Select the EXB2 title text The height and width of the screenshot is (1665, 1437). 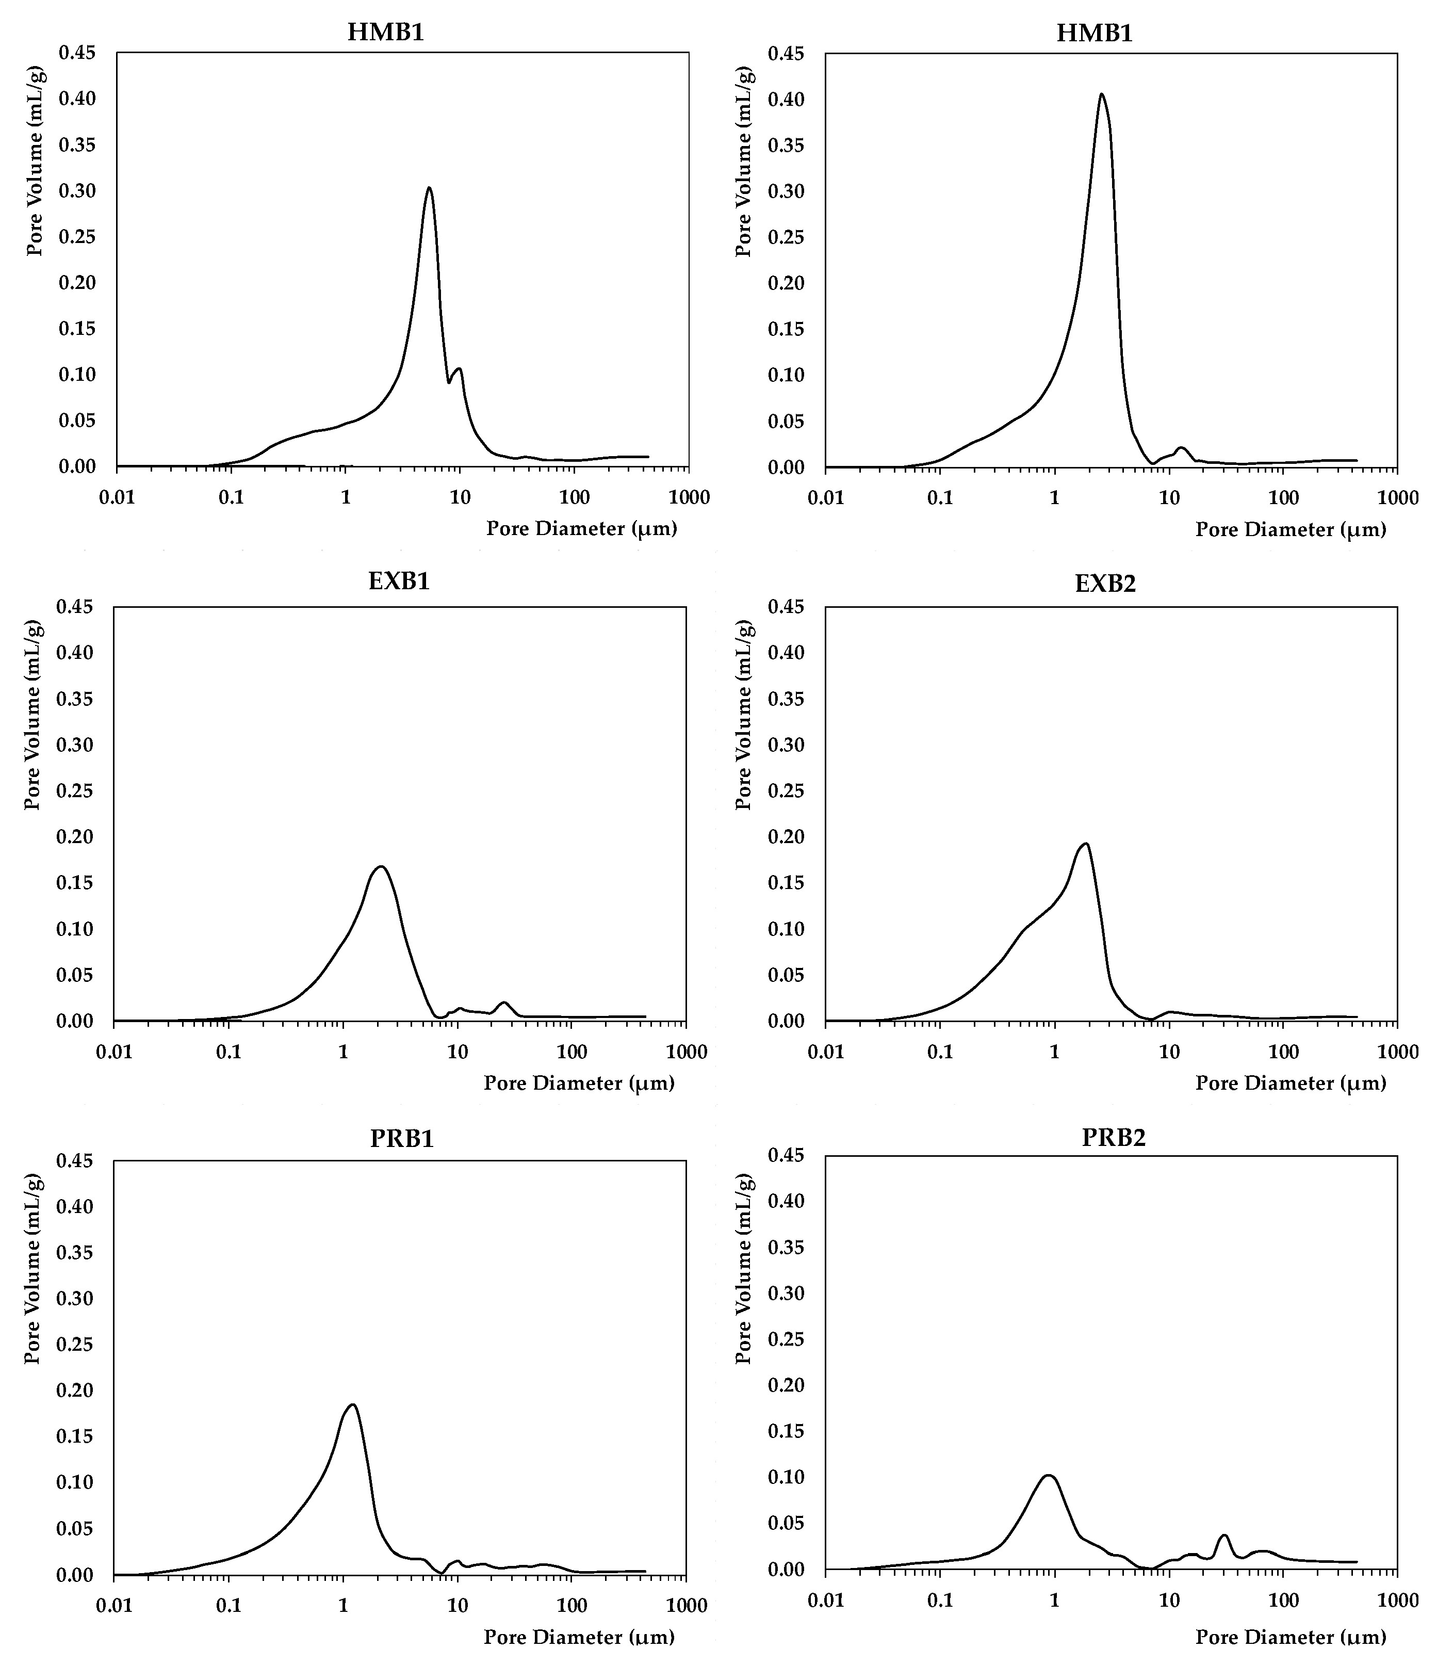coord(1105,584)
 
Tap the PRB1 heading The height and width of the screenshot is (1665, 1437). coord(402,1139)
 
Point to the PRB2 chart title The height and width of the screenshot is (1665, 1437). coord(1113,1137)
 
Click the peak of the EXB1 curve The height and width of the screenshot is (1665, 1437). coord(381,866)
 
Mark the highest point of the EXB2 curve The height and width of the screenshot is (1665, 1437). coord(1086,843)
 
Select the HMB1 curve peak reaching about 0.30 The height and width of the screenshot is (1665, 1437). coord(429,188)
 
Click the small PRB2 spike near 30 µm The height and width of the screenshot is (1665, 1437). coord(1224,1535)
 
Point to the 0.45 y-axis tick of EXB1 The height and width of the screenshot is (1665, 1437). coord(74,607)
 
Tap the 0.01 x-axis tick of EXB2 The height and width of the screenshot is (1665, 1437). coord(826,1053)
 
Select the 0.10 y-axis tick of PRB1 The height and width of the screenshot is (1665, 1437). coord(74,1482)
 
